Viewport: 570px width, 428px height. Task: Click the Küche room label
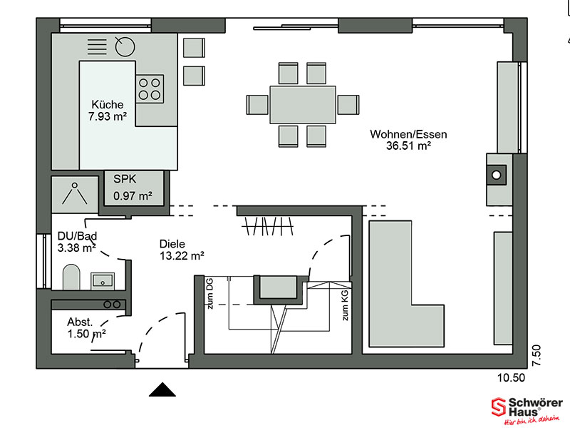108,105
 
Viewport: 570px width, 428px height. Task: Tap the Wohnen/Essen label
408,134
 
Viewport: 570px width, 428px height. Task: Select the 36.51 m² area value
408,146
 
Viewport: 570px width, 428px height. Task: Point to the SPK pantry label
125,179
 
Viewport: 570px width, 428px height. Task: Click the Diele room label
172,244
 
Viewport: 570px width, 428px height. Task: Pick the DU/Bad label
77,236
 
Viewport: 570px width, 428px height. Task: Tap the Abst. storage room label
80,322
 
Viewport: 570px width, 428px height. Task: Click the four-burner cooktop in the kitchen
150,88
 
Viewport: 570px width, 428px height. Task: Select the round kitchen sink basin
125,46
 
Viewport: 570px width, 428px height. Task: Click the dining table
302,105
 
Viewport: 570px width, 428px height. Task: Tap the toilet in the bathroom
71,277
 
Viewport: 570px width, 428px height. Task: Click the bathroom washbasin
103,281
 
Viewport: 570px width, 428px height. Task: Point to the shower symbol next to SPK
75,194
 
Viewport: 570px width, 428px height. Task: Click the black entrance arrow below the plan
162,389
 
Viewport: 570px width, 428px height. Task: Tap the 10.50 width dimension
511,378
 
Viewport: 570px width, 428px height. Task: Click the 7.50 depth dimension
537,355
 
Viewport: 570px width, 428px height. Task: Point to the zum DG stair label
209,294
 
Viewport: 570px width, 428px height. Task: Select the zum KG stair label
345,305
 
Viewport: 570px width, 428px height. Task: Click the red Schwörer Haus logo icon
498,407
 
